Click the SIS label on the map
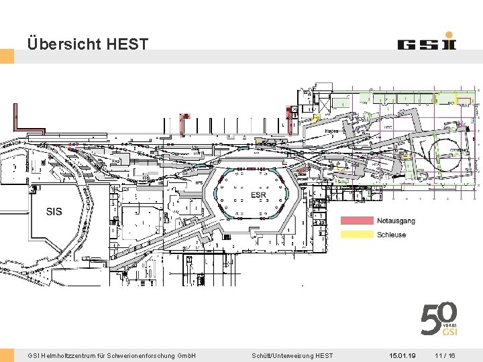click(54, 212)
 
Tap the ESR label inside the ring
click(258, 195)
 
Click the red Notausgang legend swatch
click(357, 221)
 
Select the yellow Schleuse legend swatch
click(357, 235)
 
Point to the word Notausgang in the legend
click(396, 221)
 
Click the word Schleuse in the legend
click(391, 235)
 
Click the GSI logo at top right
click(427, 43)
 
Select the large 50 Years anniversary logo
click(439, 319)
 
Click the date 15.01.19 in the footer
click(402, 355)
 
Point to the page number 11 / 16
click(445, 355)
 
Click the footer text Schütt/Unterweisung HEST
click(292, 355)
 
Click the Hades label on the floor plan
click(332, 131)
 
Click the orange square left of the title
click(7, 56)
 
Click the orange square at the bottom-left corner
click(7, 355)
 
